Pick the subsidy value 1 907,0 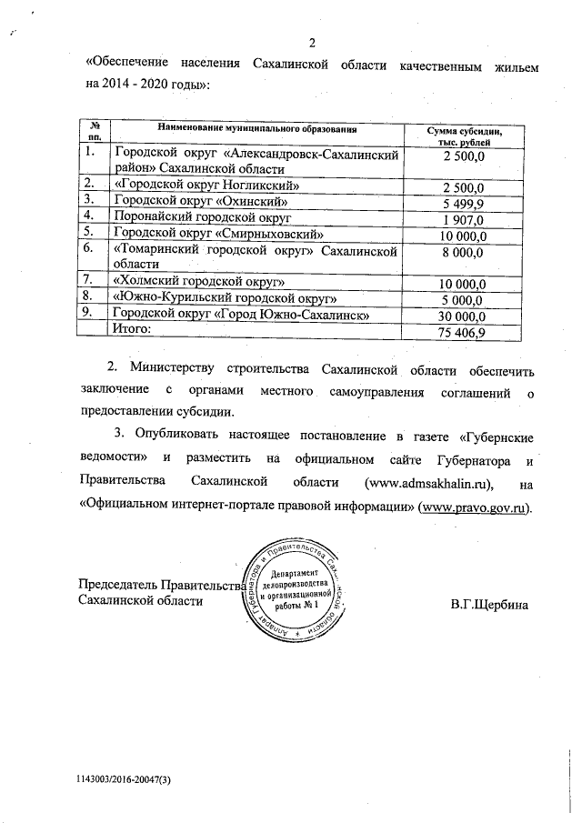[465, 219]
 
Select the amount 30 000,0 [464, 316]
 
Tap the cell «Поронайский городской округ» [200, 217]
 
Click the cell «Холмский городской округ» [199, 281]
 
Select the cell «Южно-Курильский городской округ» [225, 297]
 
